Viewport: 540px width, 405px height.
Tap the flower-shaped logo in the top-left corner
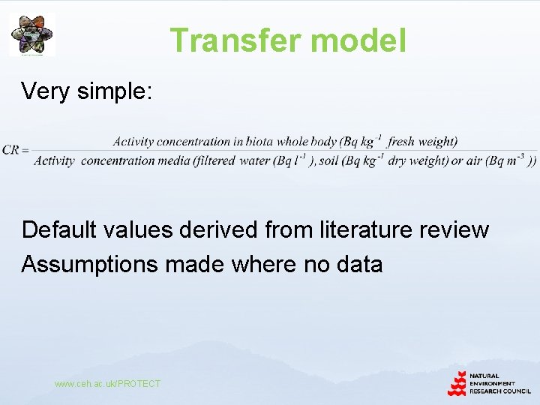point(31,34)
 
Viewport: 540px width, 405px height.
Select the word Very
point(46,91)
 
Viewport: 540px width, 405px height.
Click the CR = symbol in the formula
point(15,150)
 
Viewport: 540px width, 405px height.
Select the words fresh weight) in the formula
point(423,141)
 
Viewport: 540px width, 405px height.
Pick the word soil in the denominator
point(331,160)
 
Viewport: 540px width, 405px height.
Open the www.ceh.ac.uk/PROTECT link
point(107,384)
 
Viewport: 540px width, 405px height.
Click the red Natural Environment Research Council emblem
point(457,384)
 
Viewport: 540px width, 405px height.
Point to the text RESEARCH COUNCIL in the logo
point(500,390)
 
